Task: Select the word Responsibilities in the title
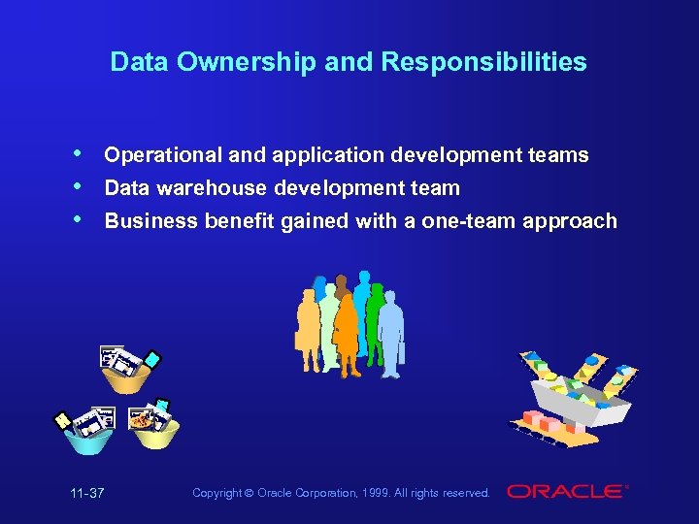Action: [483, 63]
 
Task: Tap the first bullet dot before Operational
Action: [77, 154]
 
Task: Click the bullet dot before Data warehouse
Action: [77, 186]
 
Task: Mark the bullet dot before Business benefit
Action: [77, 219]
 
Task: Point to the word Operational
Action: [162, 155]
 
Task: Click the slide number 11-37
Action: [87, 494]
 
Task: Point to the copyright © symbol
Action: [250, 494]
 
